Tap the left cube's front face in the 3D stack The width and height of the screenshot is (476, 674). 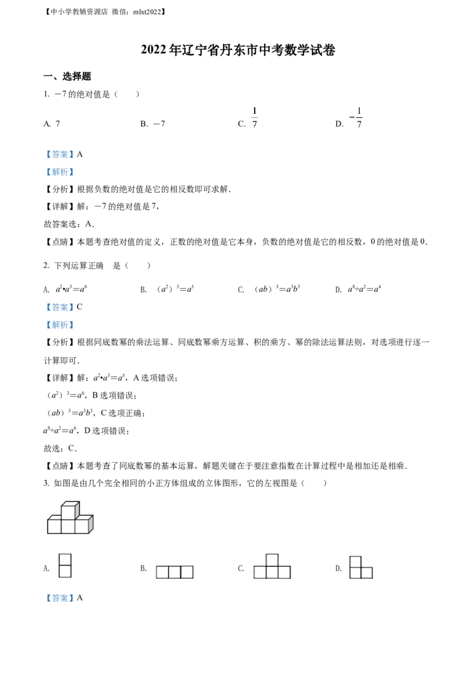54,526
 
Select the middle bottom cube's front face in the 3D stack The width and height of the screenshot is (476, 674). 68,526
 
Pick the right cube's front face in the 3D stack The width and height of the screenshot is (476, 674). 82,526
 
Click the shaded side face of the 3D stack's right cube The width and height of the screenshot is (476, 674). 91,524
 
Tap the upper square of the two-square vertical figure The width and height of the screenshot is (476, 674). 66,560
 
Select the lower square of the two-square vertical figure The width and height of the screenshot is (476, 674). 66,572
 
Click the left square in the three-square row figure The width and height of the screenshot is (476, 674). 162,572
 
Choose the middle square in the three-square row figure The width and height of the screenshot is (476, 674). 174,572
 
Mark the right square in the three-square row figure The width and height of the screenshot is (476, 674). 187,572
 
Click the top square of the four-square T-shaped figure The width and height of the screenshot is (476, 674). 272,560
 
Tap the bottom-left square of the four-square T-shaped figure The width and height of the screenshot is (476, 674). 259,573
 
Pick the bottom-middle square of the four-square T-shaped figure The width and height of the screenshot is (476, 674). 272,573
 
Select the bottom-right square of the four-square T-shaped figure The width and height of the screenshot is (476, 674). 284,573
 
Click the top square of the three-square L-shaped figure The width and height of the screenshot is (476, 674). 356,561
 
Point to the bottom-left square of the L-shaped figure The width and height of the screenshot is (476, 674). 356,573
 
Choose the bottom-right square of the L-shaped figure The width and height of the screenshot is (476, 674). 367,573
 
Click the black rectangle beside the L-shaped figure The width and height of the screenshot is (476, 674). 340,567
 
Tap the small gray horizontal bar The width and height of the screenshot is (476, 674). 255,117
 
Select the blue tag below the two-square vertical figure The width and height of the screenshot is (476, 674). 59,598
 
